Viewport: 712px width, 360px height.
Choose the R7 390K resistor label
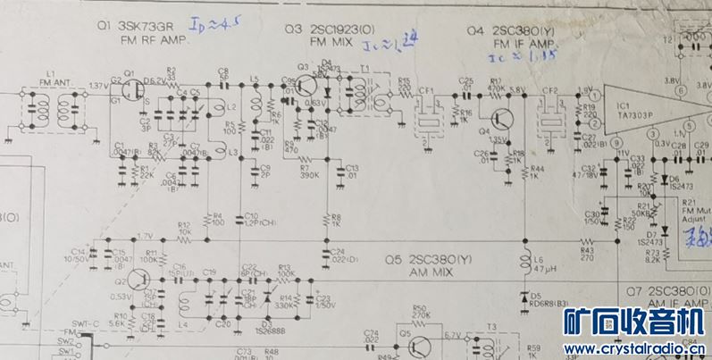point(309,171)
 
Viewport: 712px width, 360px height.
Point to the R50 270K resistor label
point(420,312)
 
